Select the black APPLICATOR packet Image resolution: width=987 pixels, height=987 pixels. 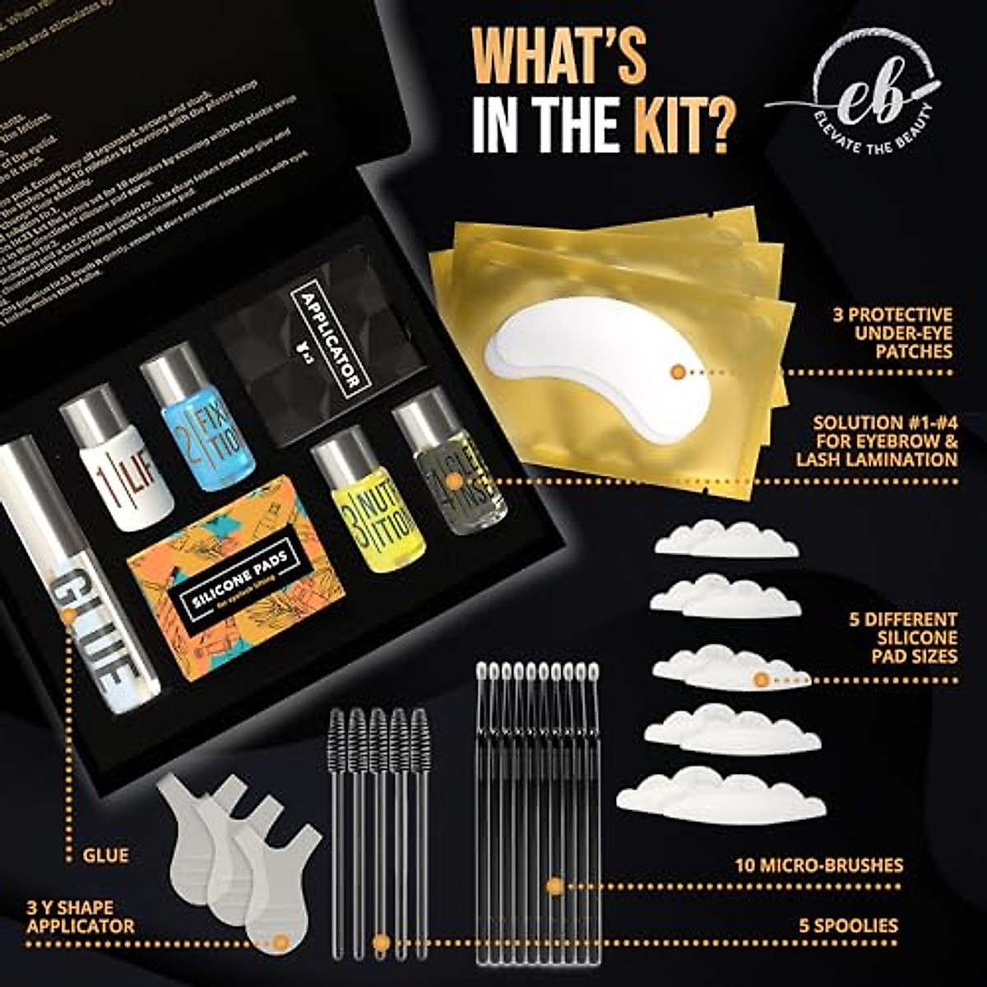(x=321, y=345)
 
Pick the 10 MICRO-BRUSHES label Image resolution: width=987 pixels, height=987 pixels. (x=818, y=865)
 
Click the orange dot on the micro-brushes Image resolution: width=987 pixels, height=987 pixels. (x=554, y=886)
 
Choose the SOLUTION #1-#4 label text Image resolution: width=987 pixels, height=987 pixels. (x=884, y=441)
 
